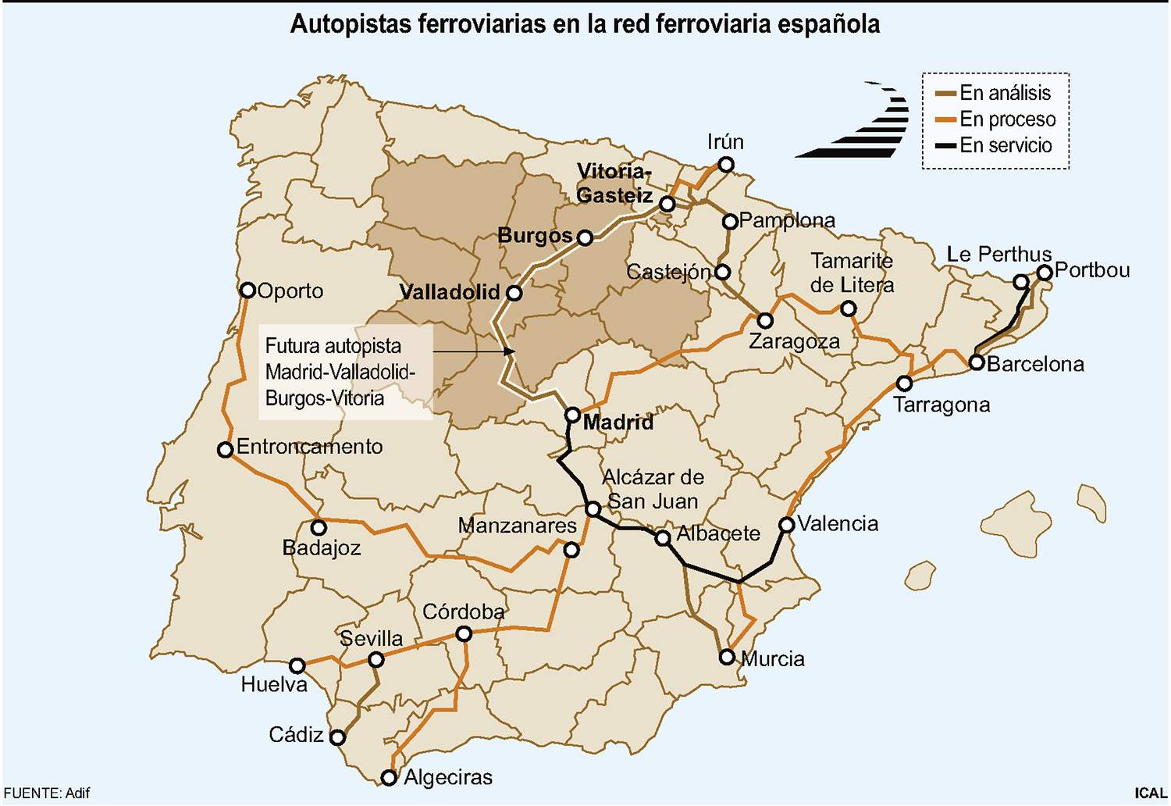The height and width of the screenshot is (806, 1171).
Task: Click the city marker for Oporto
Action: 247,291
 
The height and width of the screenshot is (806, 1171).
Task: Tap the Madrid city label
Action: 618,423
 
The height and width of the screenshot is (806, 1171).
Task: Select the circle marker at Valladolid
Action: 514,293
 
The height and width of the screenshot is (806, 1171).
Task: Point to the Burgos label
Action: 535,235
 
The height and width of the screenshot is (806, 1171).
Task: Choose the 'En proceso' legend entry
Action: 1007,119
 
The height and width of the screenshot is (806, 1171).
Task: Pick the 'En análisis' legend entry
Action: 1005,93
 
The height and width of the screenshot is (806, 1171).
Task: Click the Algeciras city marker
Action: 389,777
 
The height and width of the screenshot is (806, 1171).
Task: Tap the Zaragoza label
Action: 794,341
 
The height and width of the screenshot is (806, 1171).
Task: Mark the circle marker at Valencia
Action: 787,525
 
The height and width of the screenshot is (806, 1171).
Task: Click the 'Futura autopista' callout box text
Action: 340,372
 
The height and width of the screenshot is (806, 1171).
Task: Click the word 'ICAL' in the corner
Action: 1150,793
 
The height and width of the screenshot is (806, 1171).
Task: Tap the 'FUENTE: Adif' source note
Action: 47,793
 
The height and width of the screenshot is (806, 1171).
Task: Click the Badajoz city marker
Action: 319,527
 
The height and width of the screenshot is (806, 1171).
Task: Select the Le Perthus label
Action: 998,255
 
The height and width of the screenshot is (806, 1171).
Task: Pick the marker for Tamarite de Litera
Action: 848,308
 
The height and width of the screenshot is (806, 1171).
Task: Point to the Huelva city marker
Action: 297,665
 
